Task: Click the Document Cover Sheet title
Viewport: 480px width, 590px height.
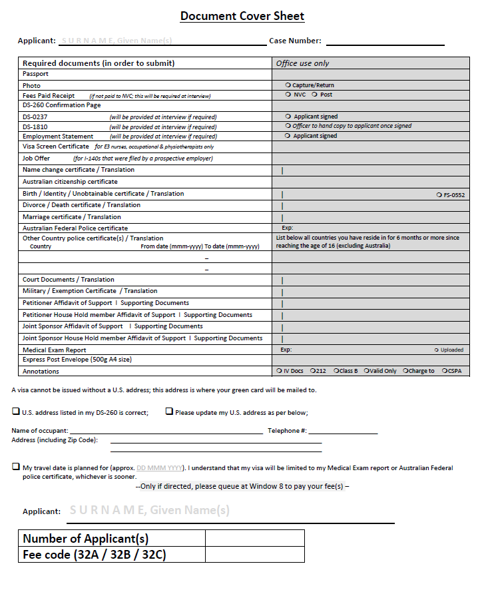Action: click(242, 16)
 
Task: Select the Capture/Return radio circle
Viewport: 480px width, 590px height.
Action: click(288, 85)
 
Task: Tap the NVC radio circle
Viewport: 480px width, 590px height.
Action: click(288, 95)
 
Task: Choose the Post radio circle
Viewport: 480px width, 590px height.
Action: click(314, 95)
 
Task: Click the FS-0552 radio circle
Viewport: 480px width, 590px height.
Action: click(438, 194)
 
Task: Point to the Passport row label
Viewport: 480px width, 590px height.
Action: click(36, 74)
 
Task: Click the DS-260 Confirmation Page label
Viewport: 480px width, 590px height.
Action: click(62, 105)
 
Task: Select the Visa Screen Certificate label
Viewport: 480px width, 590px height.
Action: click(56, 147)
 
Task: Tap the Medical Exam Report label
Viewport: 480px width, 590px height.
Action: click(55, 350)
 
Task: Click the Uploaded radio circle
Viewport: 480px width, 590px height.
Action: click(436, 350)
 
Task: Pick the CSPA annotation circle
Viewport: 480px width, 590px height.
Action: click(444, 371)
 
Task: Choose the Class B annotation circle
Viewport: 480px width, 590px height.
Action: click(337, 371)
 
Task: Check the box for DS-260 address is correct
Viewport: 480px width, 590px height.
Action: click(16, 412)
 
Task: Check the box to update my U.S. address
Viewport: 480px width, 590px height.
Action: click(169, 412)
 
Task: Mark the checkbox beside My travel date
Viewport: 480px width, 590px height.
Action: click(16, 467)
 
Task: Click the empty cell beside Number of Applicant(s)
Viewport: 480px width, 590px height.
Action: click(255, 538)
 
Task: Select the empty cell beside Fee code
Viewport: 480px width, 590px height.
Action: click(255, 554)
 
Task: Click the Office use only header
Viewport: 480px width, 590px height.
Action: click(303, 63)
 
